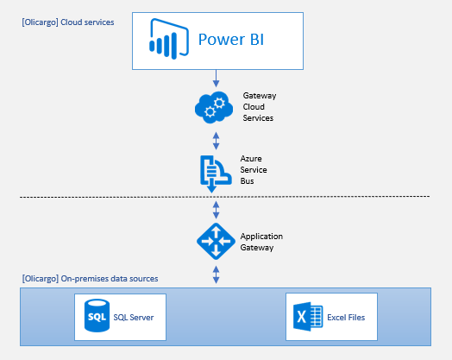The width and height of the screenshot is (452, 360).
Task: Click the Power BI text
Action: point(230,39)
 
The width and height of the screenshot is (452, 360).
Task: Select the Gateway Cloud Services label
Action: point(258,106)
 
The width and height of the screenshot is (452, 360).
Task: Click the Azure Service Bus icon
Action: point(213,170)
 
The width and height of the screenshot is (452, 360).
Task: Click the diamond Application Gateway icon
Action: point(213,240)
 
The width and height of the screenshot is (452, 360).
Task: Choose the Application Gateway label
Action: point(261,241)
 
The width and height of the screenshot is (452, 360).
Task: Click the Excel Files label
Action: point(346,318)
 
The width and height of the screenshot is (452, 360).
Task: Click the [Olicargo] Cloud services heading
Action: point(67,22)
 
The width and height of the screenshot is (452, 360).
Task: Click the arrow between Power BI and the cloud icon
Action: point(215,79)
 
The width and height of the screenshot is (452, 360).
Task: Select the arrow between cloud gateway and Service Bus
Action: point(215,139)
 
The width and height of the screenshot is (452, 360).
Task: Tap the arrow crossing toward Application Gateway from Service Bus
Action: point(215,209)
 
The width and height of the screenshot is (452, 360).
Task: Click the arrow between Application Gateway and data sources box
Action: point(215,275)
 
